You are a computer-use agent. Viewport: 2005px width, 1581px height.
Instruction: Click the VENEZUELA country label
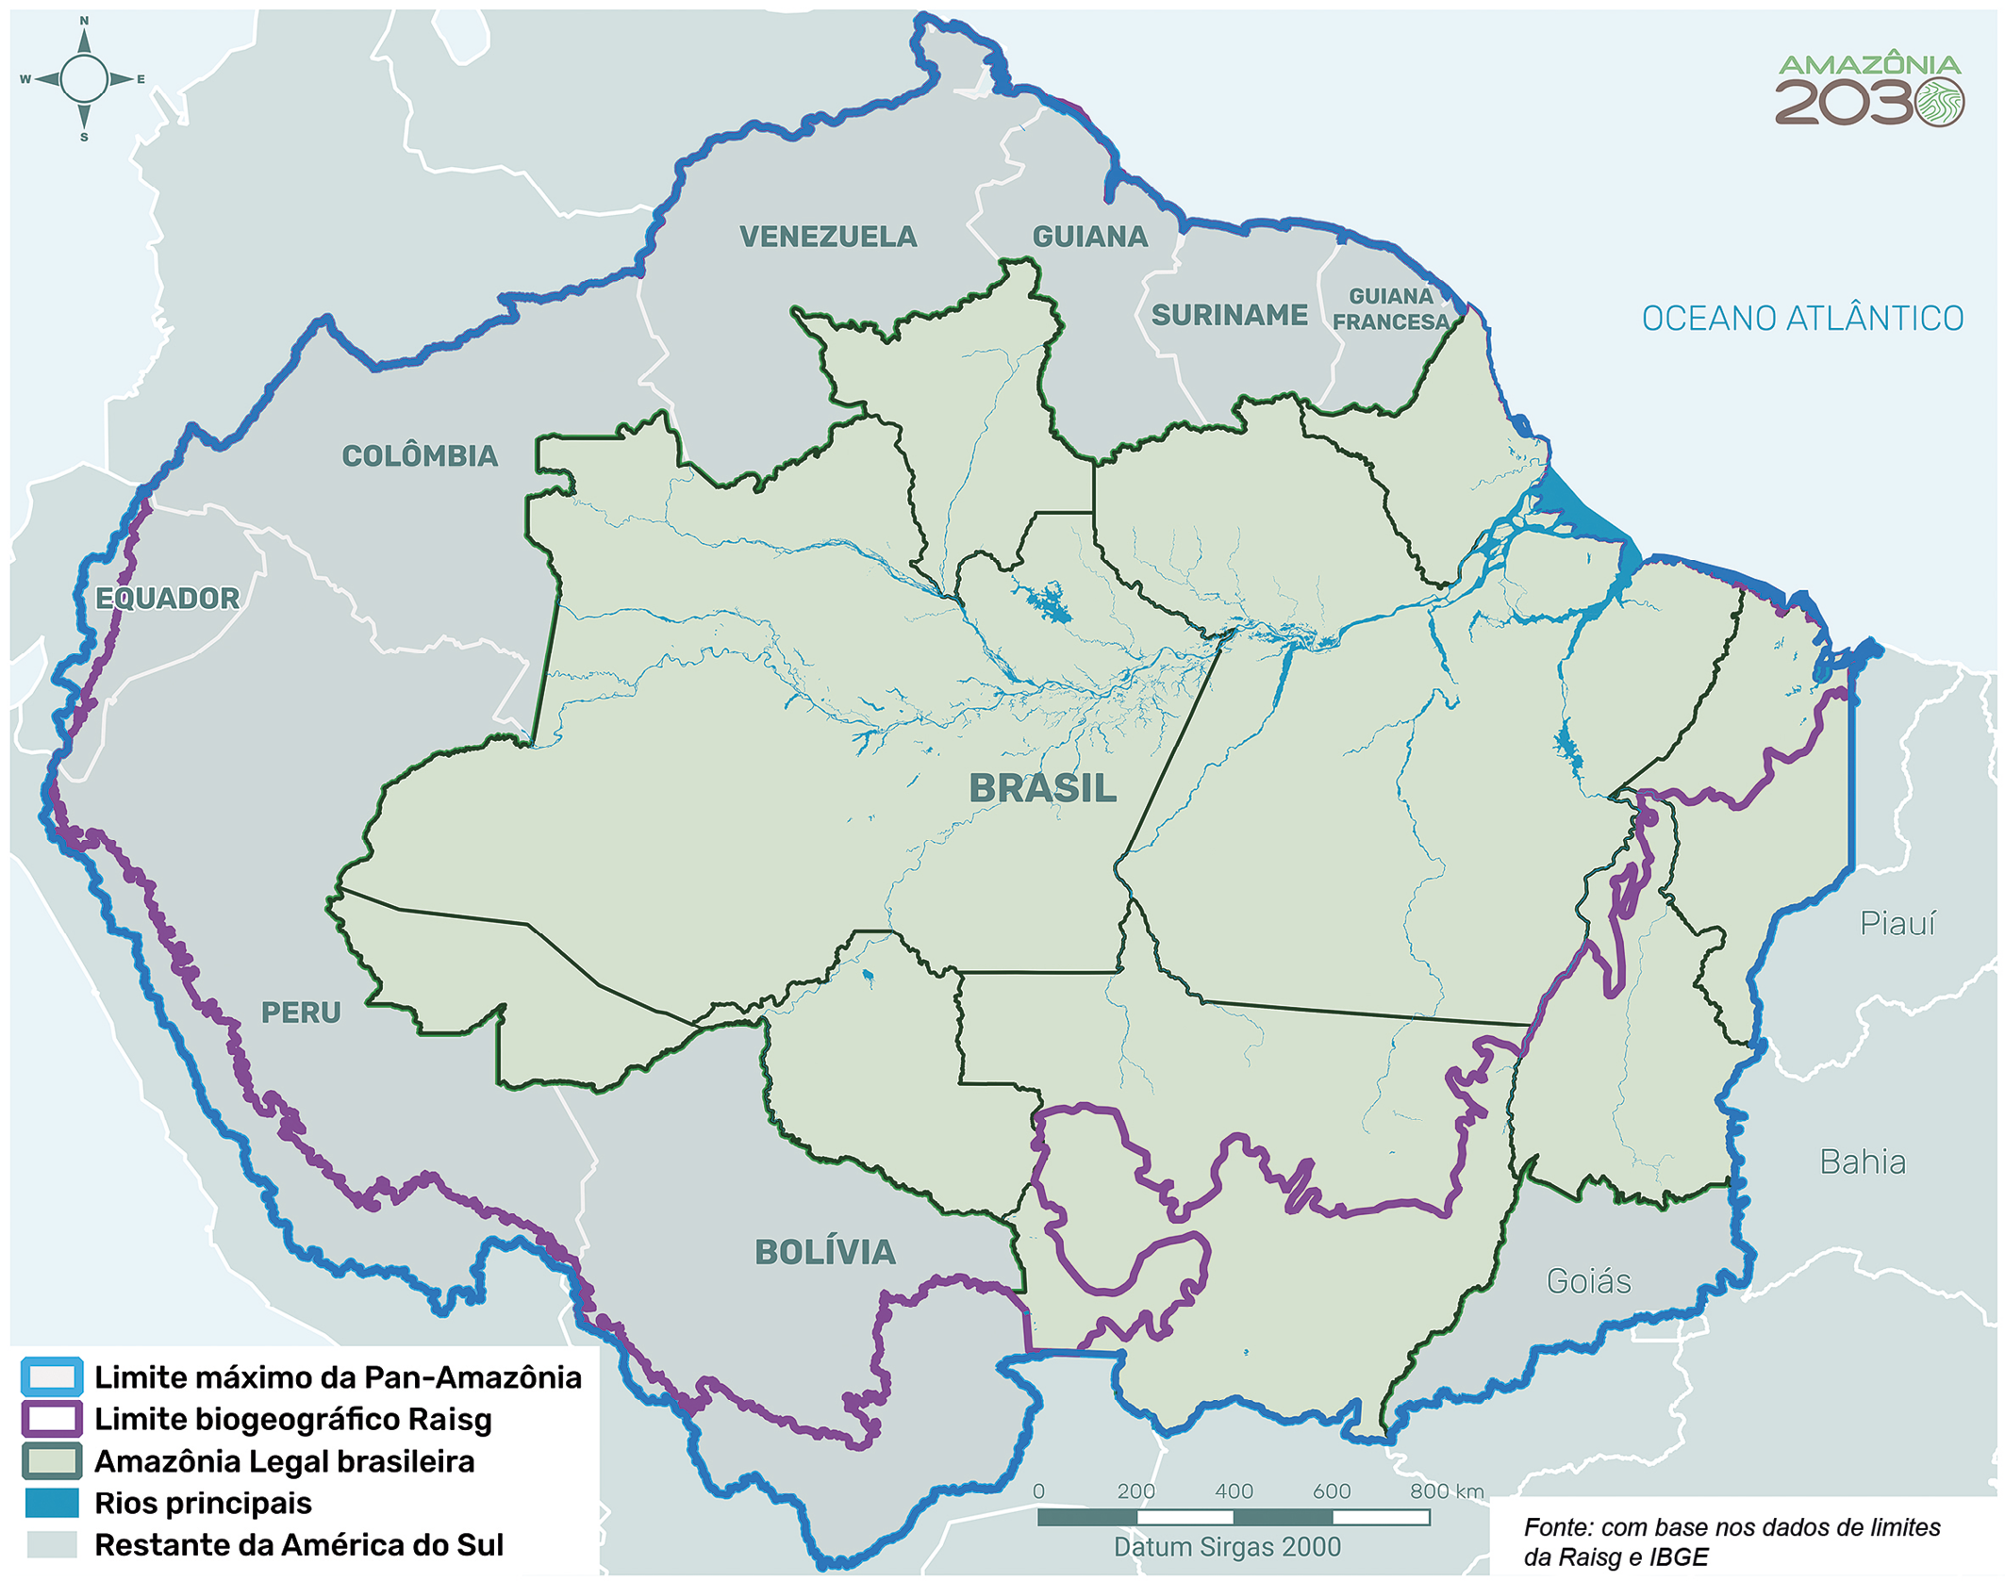[x=827, y=237]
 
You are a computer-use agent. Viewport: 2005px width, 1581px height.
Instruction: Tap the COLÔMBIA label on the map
[x=419, y=456]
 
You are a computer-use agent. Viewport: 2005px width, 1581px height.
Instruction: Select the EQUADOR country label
[x=168, y=599]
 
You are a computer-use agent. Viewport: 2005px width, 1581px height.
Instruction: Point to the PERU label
[x=301, y=1013]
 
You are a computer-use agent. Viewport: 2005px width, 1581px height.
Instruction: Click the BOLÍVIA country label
[x=824, y=1252]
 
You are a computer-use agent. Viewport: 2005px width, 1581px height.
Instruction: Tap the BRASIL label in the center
[x=1042, y=788]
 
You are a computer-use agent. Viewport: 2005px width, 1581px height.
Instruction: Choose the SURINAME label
[x=1229, y=315]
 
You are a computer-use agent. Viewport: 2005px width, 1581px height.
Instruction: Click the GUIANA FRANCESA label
[x=1390, y=309]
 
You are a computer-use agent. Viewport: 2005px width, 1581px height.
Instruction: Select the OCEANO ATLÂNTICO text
[x=1801, y=319]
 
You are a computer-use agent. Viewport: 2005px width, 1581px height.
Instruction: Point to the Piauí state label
[x=1897, y=923]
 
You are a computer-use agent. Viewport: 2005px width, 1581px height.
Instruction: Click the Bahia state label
[x=1862, y=1161]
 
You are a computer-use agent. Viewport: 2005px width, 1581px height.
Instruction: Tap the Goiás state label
[x=1588, y=1281]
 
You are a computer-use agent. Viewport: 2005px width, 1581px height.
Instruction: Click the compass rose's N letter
[x=84, y=20]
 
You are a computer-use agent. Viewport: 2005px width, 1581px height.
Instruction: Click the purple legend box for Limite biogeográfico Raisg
[x=52, y=1419]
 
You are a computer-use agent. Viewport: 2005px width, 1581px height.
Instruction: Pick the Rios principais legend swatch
[x=52, y=1503]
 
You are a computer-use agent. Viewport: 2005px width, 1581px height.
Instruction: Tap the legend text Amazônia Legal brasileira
[x=284, y=1461]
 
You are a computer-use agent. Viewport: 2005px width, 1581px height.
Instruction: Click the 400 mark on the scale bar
[x=1234, y=1491]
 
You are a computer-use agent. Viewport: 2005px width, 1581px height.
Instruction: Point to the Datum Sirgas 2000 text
[x=1226, y=1547]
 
